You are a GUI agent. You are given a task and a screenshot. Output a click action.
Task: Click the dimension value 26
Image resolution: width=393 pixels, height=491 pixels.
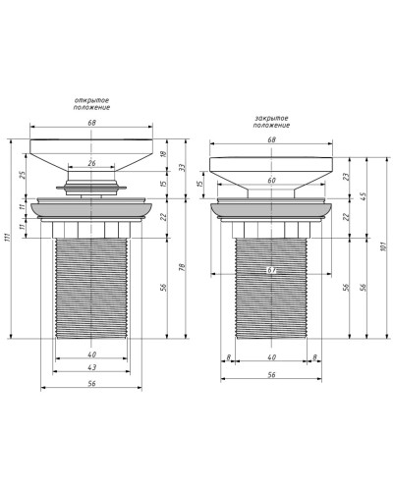pos(92,163)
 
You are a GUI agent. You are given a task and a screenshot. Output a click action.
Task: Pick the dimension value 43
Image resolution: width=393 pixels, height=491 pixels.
pos(92,367)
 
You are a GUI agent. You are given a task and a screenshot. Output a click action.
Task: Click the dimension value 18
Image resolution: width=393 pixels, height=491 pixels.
pos(162,154)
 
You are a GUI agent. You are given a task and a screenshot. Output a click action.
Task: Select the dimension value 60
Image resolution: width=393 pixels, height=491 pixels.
pos(272,181)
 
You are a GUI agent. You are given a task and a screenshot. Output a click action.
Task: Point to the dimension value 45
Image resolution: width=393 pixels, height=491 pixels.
pos(365,195)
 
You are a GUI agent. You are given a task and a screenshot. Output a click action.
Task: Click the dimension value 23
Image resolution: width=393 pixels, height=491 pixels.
pos(346,177)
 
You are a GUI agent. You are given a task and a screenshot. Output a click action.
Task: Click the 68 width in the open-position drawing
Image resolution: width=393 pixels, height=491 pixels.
pos(92,124)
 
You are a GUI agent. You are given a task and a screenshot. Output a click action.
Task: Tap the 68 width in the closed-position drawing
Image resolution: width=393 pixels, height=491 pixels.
pos(272,139)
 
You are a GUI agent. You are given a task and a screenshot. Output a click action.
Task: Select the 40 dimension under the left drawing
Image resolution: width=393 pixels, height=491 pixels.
pos(92,354)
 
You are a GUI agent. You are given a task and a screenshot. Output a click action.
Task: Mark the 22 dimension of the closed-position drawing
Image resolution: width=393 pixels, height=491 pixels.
pos(346,216)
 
